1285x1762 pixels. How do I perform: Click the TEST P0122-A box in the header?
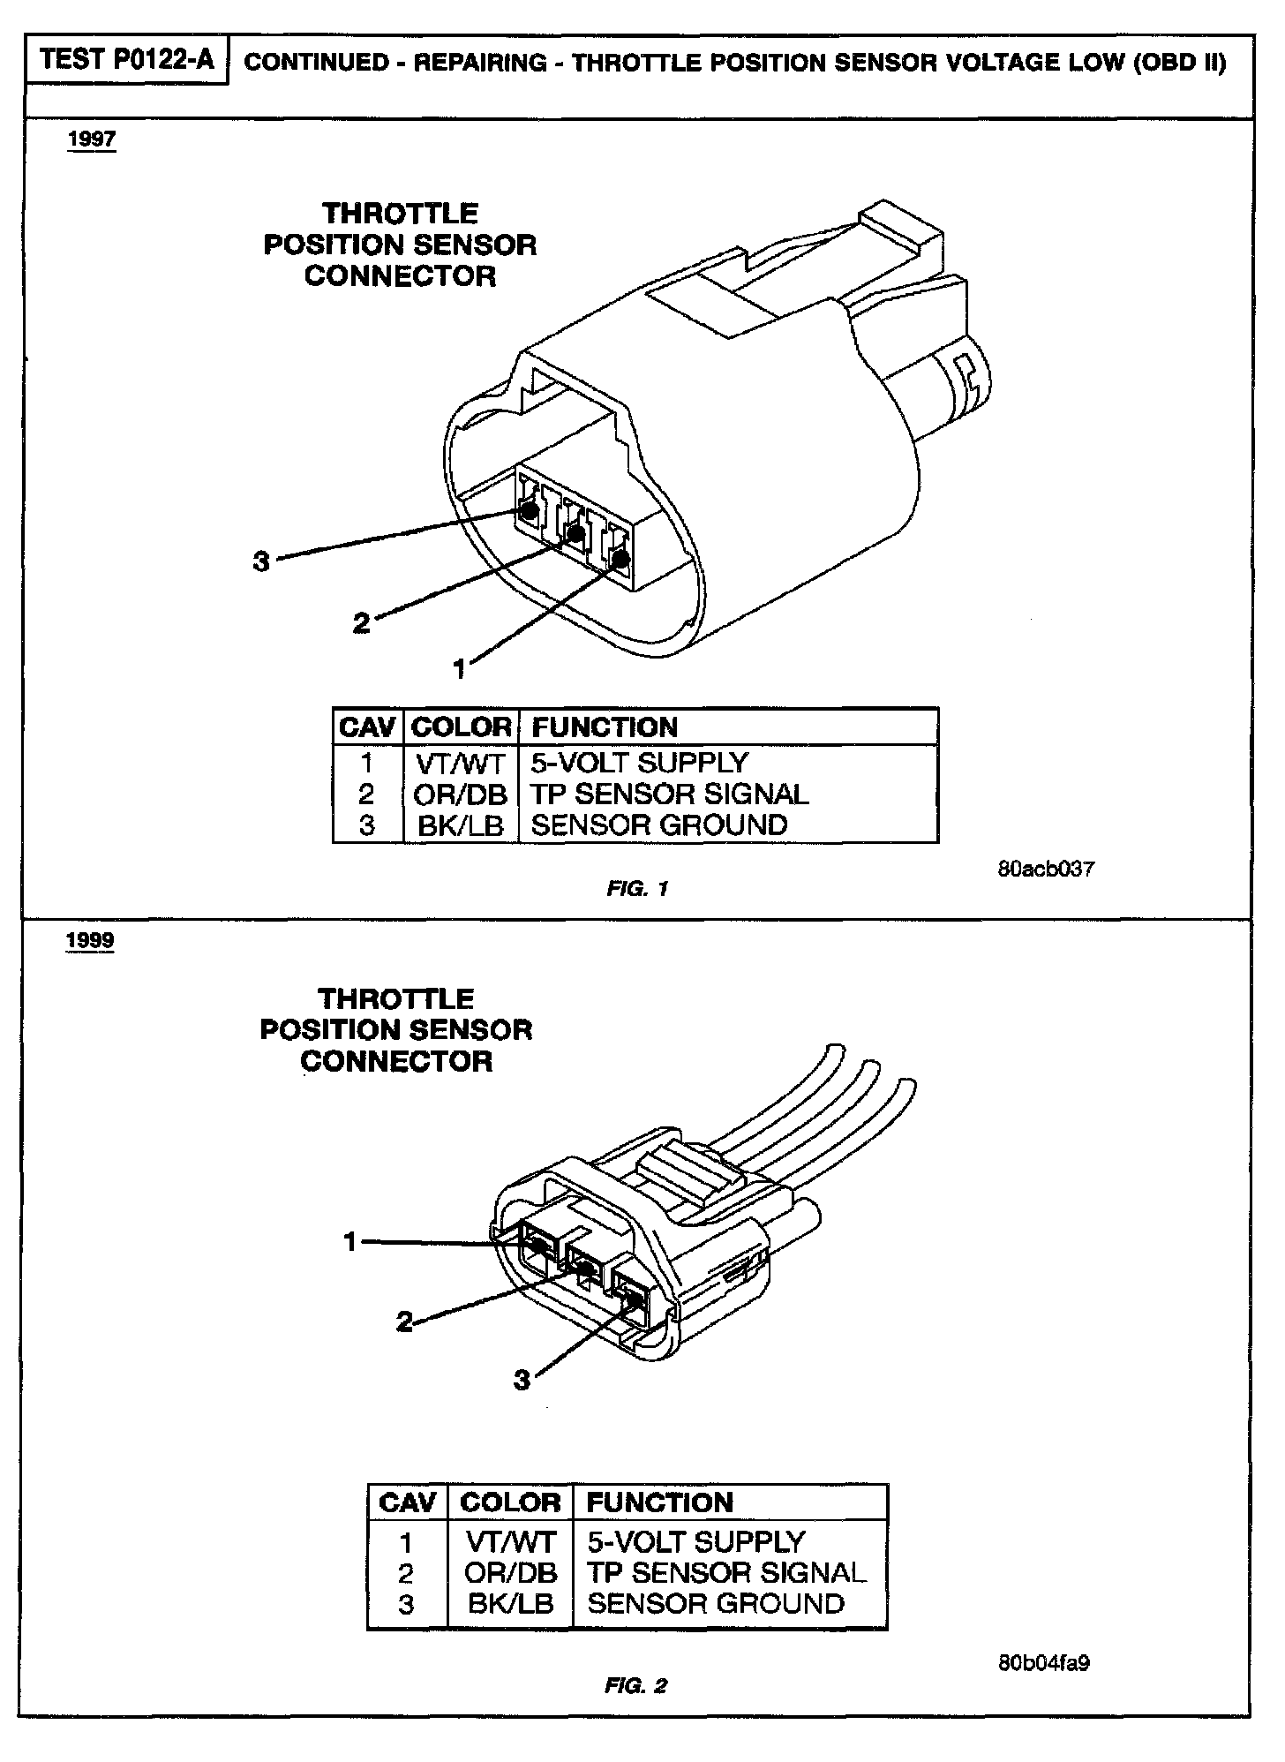127,60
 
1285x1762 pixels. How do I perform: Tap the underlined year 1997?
91,139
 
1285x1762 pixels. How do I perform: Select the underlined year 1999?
90,940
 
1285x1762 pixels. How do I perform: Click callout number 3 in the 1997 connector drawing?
261,561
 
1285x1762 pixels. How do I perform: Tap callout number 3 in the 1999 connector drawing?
522,1380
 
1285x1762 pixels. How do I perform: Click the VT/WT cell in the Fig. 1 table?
460,763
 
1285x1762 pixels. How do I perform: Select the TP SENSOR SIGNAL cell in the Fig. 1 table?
670,794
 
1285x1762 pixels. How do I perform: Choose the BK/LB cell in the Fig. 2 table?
511,1603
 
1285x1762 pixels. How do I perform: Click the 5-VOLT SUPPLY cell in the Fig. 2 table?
696,1541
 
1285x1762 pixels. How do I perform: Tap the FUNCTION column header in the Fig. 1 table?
605,727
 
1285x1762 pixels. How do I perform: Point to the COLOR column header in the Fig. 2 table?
511,1502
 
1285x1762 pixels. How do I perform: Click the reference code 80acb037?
1046,869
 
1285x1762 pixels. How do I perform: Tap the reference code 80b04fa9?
1044,1663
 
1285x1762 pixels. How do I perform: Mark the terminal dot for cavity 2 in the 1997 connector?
575,533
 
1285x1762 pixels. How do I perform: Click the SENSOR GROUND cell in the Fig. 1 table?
658,825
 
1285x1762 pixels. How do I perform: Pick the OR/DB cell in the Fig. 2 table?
511,1572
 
